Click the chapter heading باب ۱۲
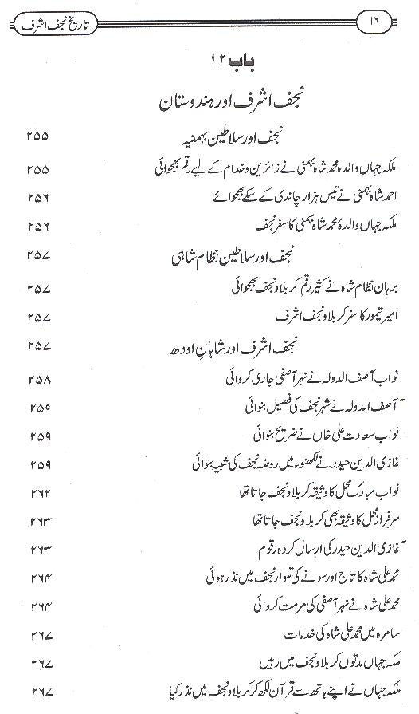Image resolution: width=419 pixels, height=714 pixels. (210, 61)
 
